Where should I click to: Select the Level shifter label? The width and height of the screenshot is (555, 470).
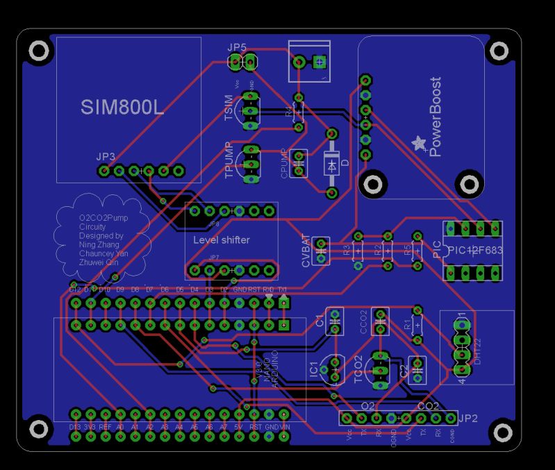221,240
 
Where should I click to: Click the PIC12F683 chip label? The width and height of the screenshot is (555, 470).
474,251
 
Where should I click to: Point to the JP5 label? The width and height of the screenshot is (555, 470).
237,47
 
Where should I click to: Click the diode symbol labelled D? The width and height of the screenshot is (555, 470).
331,165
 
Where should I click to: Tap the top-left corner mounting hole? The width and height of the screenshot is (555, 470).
38,50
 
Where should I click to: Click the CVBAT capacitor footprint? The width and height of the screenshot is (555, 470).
321,251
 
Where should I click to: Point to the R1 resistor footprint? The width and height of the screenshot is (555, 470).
417,324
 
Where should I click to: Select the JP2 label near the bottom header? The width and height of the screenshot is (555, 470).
468,418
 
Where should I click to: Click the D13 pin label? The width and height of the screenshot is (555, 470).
75,426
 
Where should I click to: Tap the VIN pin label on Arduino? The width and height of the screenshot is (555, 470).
284,426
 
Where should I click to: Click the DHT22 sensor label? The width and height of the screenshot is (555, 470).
478,348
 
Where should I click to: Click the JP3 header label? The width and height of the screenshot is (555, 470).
106,156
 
